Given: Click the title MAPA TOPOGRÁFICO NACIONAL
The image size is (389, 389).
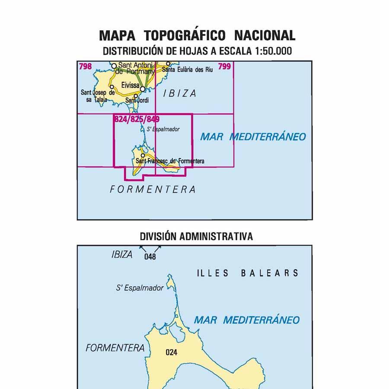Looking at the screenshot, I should tap(197, 35).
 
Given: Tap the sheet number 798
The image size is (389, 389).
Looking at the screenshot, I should tap(85, 66).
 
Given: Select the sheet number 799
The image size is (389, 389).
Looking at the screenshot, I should tap(225, 66).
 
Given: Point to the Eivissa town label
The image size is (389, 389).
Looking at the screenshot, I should tap(130, 86).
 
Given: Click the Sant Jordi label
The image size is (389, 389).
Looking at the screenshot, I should tap(137, 101).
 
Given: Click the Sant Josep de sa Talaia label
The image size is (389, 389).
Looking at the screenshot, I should tap(98, 95).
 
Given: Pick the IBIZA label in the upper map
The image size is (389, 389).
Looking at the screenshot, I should tap(180, 93).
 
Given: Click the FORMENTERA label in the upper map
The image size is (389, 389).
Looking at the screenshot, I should tap(153, 189).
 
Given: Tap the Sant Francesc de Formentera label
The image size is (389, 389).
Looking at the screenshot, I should tap(170, 161).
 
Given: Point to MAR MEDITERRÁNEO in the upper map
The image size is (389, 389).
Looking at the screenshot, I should tap(253, 137).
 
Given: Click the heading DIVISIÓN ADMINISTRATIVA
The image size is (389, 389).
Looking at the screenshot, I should tap(196, 236).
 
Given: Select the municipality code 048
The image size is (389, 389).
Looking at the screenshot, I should tap(150, 257).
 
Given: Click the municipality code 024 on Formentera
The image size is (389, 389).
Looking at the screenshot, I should tap(172, 352).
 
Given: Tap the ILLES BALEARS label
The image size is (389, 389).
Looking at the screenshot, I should tap(248, 273).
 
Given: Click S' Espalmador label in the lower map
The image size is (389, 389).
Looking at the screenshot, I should tap(140, 287).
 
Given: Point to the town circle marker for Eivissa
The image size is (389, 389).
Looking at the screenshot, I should tap(142, 89).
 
